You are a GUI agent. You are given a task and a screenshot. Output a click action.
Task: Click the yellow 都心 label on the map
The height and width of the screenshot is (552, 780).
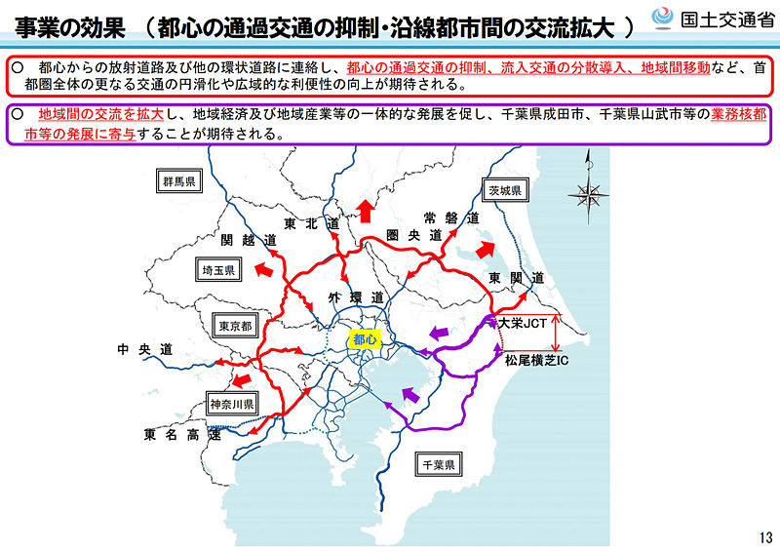(364, 339)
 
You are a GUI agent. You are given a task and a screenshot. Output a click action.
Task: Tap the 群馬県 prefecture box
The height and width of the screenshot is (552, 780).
(180, 181)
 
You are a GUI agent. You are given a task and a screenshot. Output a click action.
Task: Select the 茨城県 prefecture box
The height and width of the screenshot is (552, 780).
(505, 189)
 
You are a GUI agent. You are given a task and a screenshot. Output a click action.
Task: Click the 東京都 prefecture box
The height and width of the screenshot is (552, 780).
(235, 326)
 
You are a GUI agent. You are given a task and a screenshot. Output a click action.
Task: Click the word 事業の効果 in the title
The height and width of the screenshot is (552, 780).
(68, 25)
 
